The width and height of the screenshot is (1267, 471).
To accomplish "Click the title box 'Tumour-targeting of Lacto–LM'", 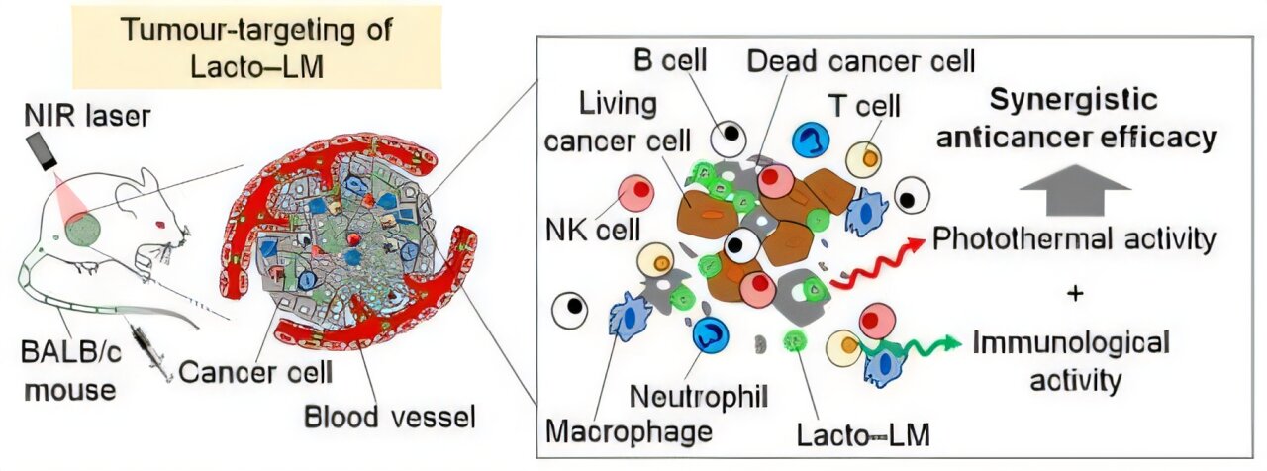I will coord(256,47).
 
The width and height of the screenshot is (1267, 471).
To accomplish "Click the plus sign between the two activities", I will coord(1075,295).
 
